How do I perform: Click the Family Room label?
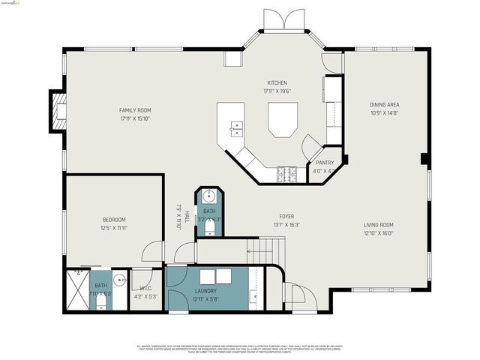135,110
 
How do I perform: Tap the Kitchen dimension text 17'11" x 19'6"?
277,91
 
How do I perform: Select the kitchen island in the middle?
283,120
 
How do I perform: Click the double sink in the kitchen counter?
237,128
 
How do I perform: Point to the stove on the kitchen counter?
286,174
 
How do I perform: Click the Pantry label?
325,163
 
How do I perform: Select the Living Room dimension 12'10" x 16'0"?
379,232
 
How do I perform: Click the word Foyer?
286,216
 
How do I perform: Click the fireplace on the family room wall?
58,111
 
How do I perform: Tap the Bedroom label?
114,219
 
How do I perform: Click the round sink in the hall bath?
208,197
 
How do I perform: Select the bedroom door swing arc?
153,250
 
